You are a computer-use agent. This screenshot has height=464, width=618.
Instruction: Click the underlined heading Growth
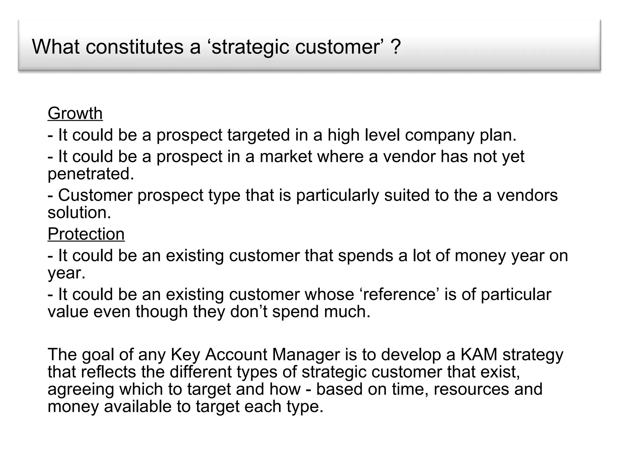coord(75,114)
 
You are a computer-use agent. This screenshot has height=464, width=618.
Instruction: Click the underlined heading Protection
coord(86,234)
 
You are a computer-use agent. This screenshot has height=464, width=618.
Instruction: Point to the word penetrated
coord(91,174)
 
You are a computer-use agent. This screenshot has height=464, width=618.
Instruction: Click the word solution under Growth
coord(79,213)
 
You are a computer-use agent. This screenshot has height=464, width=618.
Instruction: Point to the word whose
coord(329,294)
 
